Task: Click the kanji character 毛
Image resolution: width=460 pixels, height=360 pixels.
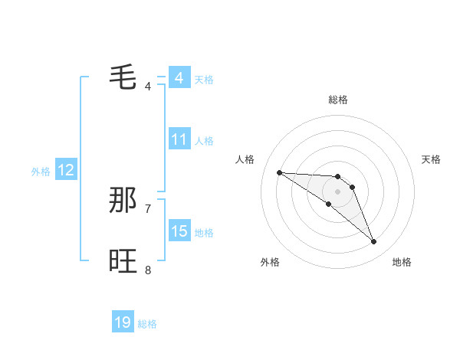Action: click(123, 77)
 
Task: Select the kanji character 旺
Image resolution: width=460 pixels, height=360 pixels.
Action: click(123, 261)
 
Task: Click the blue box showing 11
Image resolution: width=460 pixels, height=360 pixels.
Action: click(179, 139)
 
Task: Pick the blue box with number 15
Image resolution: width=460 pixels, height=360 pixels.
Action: click(179, 231)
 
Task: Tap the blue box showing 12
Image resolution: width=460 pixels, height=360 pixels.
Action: click(66, 170)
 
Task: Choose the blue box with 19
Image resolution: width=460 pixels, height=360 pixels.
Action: click(123, 322)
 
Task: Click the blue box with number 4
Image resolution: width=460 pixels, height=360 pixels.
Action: click(179, 78)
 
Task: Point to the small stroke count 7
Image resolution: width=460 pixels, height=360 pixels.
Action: click(148, 208)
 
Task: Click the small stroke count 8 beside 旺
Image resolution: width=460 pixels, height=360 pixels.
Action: click(148, 270)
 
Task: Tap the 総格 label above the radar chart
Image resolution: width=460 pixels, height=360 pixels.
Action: click(338, 100)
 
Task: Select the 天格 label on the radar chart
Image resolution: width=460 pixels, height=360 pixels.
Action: click(431, 159)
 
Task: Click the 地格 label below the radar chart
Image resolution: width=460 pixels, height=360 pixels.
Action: click(402, 262)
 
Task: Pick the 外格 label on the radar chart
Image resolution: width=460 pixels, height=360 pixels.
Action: click(270, 262)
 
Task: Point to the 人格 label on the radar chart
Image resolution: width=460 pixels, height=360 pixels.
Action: click(245, 159)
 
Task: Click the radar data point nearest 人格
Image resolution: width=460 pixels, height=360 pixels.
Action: click(279, 172)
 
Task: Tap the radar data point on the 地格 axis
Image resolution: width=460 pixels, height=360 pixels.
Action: click(374, 242)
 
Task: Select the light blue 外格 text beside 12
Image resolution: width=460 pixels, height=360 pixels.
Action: click(41, 172)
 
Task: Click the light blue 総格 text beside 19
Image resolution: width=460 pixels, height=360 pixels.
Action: click(147, 324)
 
